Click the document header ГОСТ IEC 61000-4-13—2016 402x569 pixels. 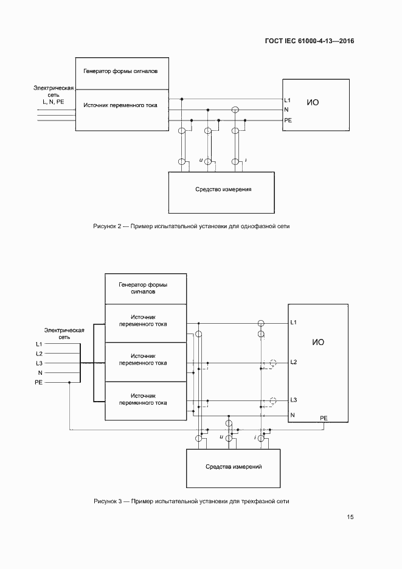click(x=310, y=41)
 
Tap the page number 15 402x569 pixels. click(x=350, y=517)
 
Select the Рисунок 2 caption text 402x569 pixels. click(x=192, y=226)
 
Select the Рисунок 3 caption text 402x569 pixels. click(x=192, y=501)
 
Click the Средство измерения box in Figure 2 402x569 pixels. click(x=223, y=189)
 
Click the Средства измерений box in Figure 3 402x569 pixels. click(x=234, y=466)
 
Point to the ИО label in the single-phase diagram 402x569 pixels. click(x=313, y=103)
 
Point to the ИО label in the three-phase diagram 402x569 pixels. click(x=318, y=343)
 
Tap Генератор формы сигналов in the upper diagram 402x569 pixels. click(x=120, y=71)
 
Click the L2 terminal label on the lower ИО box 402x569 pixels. click(x=293, y=363)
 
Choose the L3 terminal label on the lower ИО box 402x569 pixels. click(x=293, y=400)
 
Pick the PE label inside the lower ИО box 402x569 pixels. click(x=324, y=419)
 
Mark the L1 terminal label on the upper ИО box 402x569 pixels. click(x=288, y=100)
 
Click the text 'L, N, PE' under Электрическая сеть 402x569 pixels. click(x=53, y=102)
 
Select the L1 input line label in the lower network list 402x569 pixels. click(x=39, y=344)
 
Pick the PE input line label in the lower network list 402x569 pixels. click(x=39, y=382)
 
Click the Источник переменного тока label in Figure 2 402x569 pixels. click(x=120, y=106)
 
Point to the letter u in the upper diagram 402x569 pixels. click(x=200, y=160)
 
